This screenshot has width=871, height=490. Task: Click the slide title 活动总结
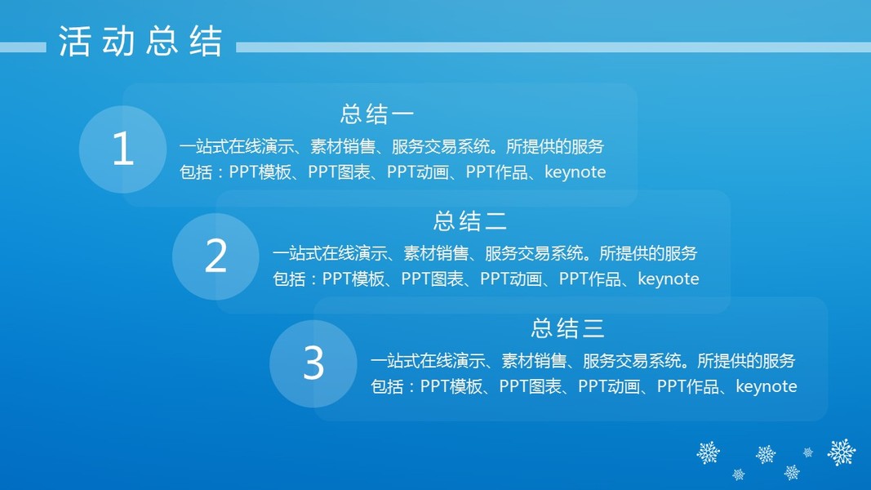point(140,41)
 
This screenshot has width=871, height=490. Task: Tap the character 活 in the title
point(74,41)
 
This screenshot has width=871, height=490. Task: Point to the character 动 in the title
point(118,41)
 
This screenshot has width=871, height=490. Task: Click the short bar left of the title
point(23,48)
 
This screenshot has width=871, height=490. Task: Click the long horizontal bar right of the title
point(553,48)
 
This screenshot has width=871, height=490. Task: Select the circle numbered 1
point(122,149)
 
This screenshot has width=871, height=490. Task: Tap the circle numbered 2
point(216,256)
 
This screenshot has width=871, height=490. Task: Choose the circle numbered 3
point(313,363)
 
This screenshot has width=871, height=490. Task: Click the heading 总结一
point(377,114)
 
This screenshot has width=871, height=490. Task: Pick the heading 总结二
point(470,221)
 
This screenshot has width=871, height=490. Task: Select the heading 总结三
point(567,328)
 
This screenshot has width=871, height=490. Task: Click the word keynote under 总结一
point(575,172)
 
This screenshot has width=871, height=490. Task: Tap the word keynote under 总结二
point(669,278)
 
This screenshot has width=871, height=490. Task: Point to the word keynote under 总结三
point(767,386)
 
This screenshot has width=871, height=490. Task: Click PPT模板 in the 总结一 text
point(260,172)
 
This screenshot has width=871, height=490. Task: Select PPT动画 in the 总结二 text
point(511,278)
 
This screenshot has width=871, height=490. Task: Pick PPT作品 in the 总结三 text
point(688,386)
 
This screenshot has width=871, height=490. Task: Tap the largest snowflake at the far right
point(842,452)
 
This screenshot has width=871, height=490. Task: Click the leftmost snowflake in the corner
point(709,452)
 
